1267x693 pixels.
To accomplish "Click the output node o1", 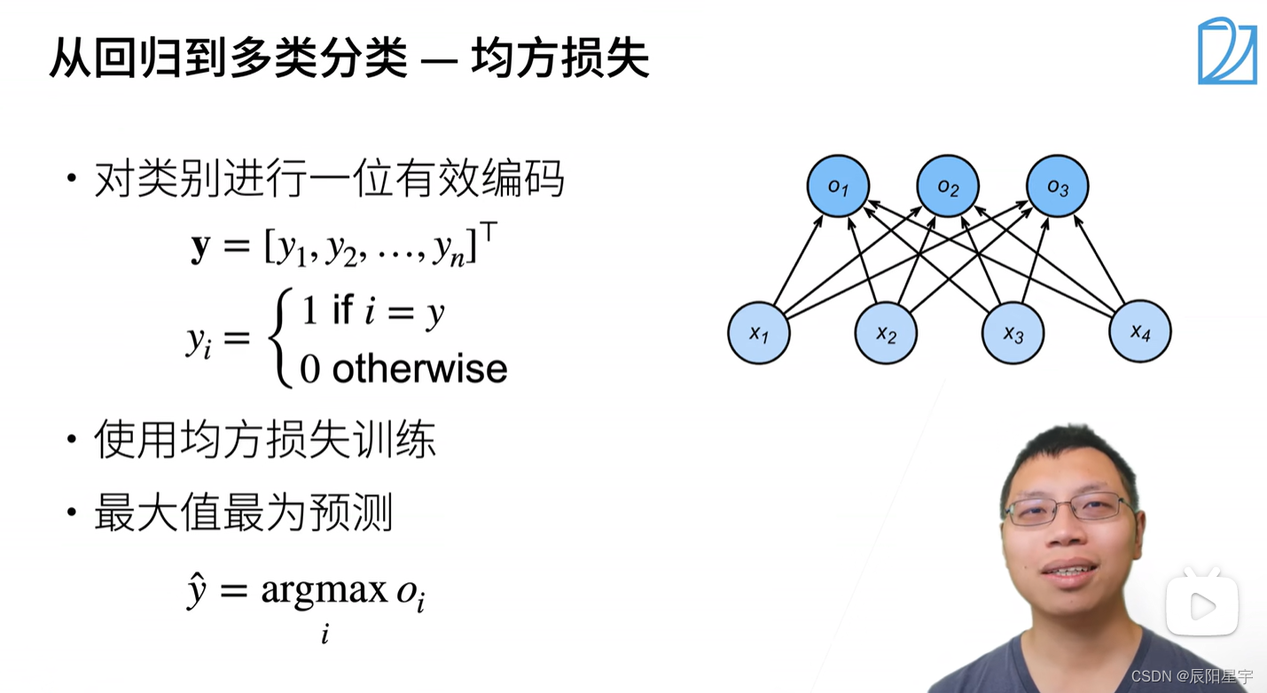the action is [x=838, y=186].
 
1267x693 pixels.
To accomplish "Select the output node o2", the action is [x=948, y=187].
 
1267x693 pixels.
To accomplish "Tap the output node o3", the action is [x=1057, y=186].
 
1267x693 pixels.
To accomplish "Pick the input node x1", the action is [x=758, y=332].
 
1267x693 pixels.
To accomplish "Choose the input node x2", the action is [x=886, y=333].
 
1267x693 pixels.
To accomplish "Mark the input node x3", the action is [x=1013, y=333].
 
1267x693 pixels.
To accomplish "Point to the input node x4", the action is [x=1140, y=331].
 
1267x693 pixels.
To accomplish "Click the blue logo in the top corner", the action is [x=1227, y=51].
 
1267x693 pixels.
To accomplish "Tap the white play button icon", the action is [x=1201, y=606].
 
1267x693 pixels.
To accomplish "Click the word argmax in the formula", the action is [x=324, y=589].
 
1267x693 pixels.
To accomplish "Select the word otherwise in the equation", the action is [x=419, y=369].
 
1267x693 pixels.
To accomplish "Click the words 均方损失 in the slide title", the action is [x=560, y=59].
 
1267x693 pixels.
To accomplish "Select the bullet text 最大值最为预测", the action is [x=243, y=513].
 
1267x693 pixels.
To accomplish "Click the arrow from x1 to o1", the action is [x=798, y=260].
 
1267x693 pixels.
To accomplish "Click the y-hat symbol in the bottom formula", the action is [x=197, y=590].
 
